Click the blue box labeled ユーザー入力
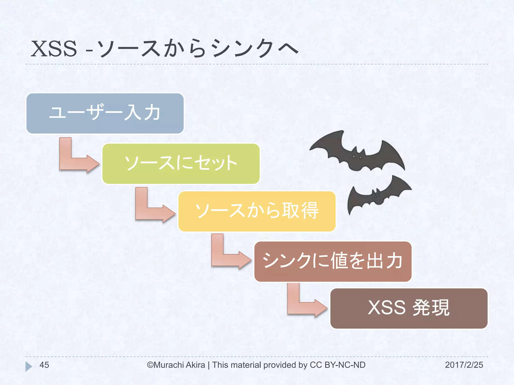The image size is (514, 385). pyautogui.click(x=105, y=113)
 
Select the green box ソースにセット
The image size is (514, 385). pyautogui.click(x=181, y=163)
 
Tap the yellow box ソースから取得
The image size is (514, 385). pyautogui.click(x=256, y=211)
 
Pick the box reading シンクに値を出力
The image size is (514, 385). pyautogui.click(x=333, y=261)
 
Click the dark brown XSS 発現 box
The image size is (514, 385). pyautogui.click(x=409, y=308)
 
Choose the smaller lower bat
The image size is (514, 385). pyautogui.click(x=376, y=196)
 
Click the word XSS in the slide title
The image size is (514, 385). pyautogui.click(x=54, y=49)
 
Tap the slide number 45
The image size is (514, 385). pyautogui.click(x=44, y=365)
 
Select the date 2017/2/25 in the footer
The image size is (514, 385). pyautogui.click(x=464, y=365)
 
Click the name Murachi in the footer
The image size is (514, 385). pyautogui.click(x=168, y=365)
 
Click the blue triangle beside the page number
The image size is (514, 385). pyautogui.click(x=28, y=366)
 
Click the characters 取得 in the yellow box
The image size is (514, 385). pyautogui.click(x=300, y=211)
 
